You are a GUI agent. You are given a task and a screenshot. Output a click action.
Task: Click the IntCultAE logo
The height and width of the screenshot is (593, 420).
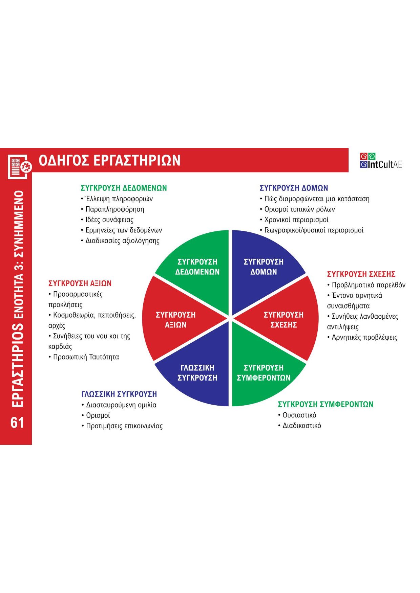click(381, 161)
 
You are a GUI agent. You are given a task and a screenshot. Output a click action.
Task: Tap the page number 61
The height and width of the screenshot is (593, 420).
click(17, 423)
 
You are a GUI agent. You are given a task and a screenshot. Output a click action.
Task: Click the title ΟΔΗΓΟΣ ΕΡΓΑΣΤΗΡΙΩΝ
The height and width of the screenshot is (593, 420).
click(109, 160)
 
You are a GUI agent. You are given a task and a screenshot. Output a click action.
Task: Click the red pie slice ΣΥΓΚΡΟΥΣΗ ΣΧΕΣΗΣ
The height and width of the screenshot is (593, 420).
click(283, 320)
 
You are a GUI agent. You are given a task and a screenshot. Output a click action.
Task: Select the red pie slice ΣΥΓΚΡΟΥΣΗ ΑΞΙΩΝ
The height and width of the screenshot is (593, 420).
click(175, 320)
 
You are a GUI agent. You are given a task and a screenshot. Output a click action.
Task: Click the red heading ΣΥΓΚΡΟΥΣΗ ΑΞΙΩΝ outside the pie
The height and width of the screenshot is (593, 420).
click(80, 283)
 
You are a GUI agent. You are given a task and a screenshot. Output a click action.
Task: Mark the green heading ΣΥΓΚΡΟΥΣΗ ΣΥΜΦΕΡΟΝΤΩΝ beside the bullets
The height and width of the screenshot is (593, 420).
click(325, 404)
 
